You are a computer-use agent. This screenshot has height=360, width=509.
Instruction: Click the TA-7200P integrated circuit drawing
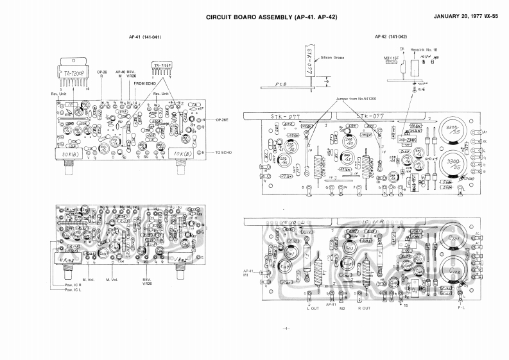[74, 73]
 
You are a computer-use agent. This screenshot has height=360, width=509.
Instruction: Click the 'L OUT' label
[314, 308]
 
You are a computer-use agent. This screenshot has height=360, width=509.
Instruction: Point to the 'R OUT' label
[363, 308]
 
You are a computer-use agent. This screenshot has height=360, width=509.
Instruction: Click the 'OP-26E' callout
[223, 120]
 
